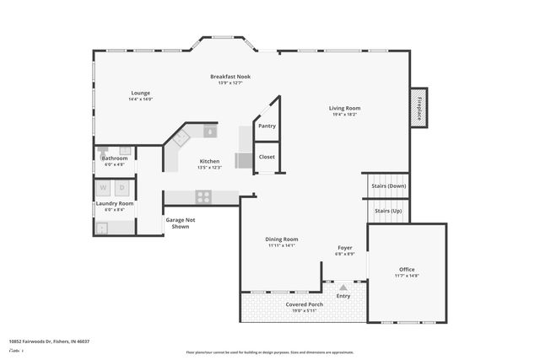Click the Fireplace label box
(419, 105)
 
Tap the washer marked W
(103, 187)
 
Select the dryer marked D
(122, 187)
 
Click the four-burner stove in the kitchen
(203, 196)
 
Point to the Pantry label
(267, 126)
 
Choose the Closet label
(267, 157)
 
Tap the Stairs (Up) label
(388, 210)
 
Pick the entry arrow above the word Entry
(343, 287)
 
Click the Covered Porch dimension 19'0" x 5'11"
(305, 311)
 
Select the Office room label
(407, 269)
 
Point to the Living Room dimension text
(344, 114)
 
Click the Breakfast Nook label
(230, 77)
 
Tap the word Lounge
(140, 93)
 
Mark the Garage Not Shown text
(181, 223)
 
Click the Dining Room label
(282, 239)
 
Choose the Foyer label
(344, 248)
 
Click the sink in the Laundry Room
(101, 227)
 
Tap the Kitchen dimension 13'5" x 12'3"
(208, 167)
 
